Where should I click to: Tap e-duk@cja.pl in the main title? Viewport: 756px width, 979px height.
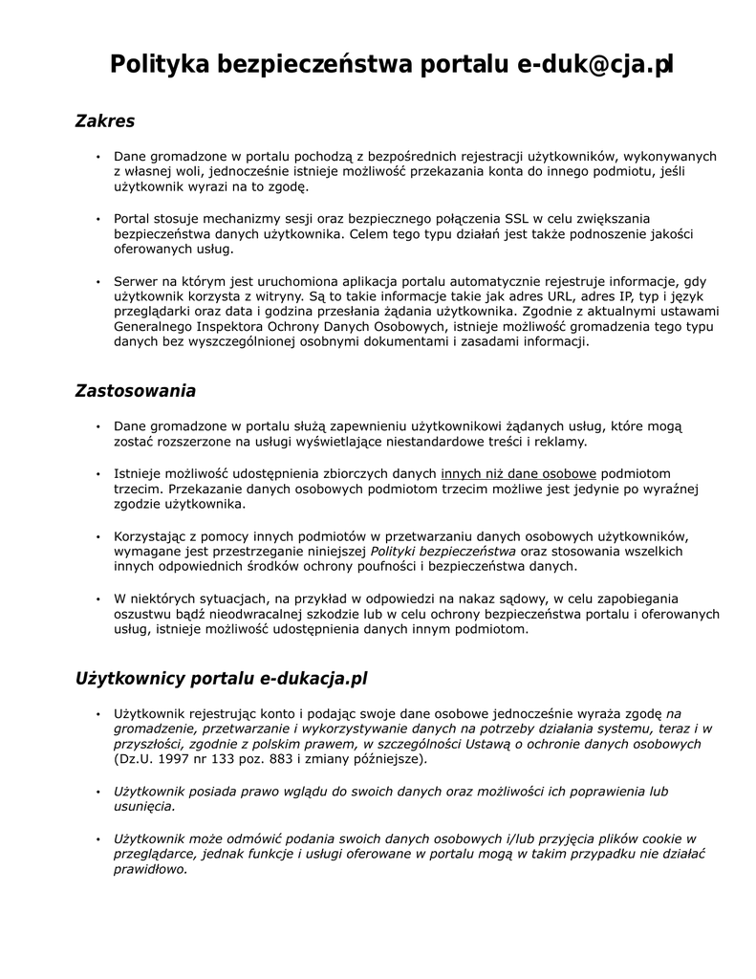coord(595,65)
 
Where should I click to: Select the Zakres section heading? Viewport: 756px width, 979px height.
coord(104,121)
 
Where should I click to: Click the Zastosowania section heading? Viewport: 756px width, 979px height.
coord(135,391)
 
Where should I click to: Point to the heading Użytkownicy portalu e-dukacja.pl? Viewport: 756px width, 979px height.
coord(221,679)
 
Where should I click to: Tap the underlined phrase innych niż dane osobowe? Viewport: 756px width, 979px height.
coord(518,473)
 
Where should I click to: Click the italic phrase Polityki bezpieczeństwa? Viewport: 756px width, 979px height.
coord(443,552)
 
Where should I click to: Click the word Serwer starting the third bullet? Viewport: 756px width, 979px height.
coord(136,281)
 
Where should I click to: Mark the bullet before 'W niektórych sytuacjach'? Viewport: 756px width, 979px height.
coord(97,599)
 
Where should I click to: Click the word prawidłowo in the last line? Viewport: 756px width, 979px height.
coord(150,870)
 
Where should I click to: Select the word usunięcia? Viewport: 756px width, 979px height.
coord(144,807)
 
